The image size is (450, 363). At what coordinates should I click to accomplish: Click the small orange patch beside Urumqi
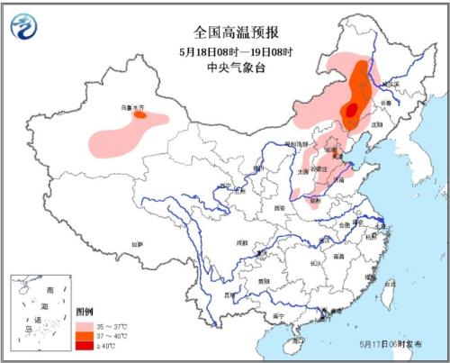(140, 114)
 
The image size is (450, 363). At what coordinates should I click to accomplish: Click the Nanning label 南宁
(282, 317)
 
